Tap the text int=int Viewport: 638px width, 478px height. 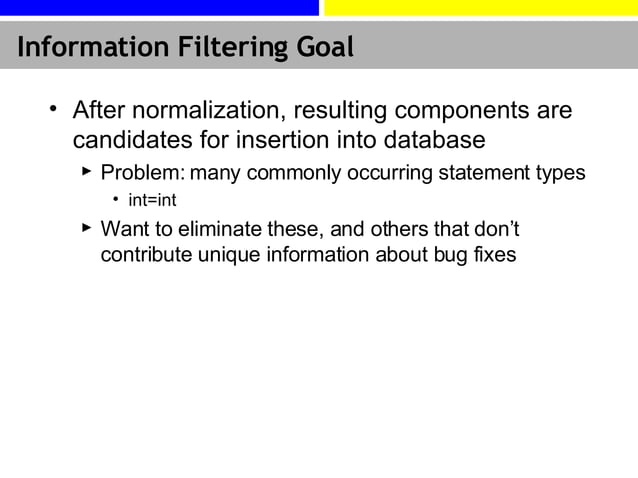(x=152, y=200)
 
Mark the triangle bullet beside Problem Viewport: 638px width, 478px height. (x=87, y=172)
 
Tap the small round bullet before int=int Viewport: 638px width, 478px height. (x=116, y=200)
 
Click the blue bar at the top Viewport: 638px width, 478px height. (x=159, y=8)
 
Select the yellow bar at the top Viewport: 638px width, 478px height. (x=480, y=8)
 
